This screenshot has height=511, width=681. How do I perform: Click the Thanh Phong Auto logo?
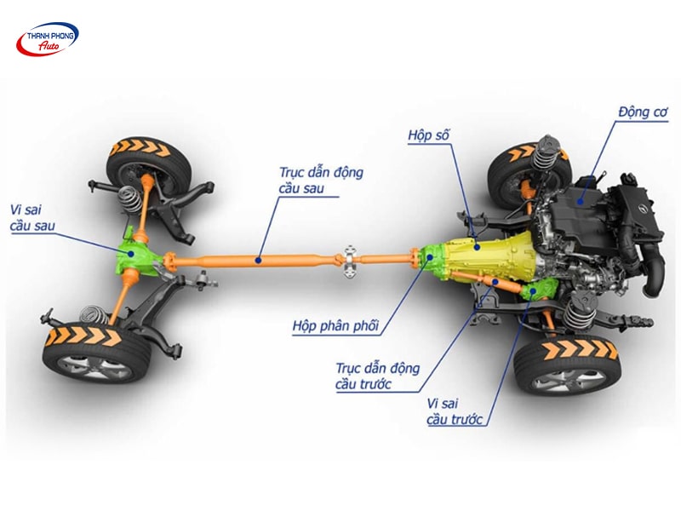pyautogui.click(x=48, y=40)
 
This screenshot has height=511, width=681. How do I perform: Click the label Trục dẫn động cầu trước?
pyautogui.click(x=378, y=376)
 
